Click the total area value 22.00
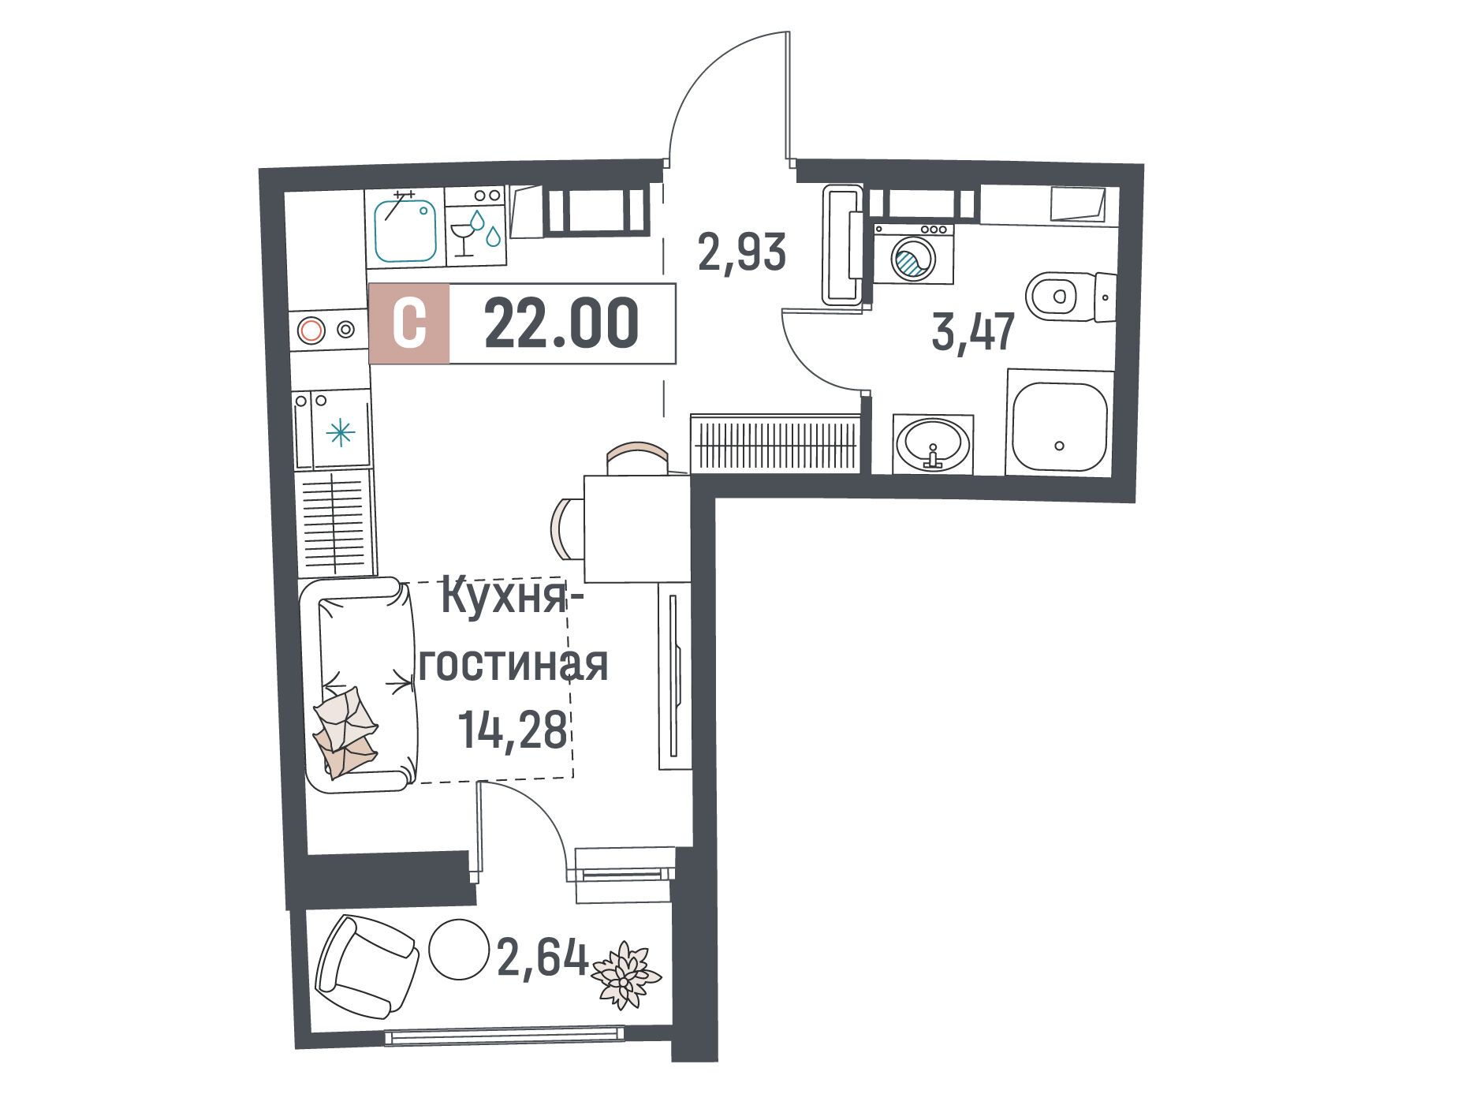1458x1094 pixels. pos(561,324)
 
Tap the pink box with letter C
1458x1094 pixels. pos(409,323)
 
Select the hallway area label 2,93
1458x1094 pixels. pos(742,252)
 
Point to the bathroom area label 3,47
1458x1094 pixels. pos(971,332)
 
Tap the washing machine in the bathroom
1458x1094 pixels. pos(913,253)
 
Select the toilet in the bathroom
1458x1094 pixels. pos(1071,297)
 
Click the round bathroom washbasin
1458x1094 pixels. pos(934,444)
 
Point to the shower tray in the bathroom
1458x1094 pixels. pos(1057,427)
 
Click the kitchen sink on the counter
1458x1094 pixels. pos(405,229)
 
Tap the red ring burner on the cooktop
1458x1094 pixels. pos(311,330)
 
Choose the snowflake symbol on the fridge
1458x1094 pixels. pos(341,432)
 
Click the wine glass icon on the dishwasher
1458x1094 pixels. pos(461,237)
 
